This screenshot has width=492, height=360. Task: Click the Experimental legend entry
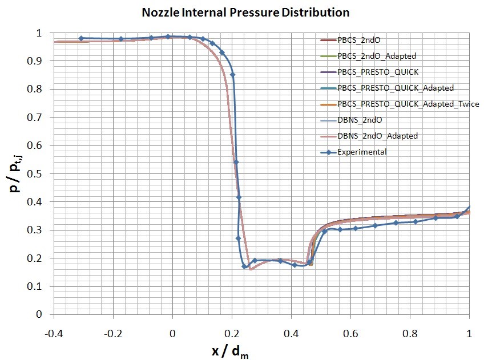click(361, 152)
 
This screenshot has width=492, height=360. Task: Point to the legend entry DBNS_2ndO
click(360, 120)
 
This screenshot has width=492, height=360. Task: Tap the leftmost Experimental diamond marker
click(81, 38)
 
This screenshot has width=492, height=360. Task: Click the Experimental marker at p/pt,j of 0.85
click(232, 75)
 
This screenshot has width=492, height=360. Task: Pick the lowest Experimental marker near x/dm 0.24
click(244, 266)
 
